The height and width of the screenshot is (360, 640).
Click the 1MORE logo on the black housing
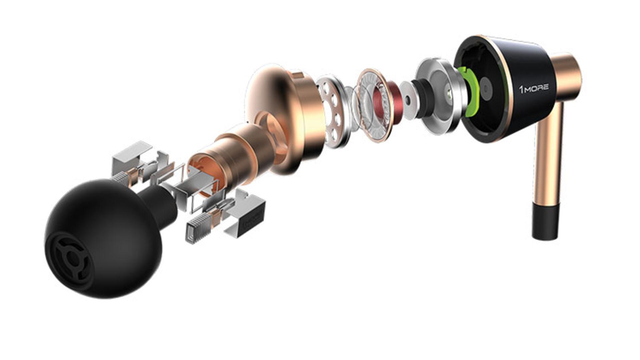534,89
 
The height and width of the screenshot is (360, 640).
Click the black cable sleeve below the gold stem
545,221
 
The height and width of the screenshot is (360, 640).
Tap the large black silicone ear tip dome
103,238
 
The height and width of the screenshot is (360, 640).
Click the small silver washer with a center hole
409,100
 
